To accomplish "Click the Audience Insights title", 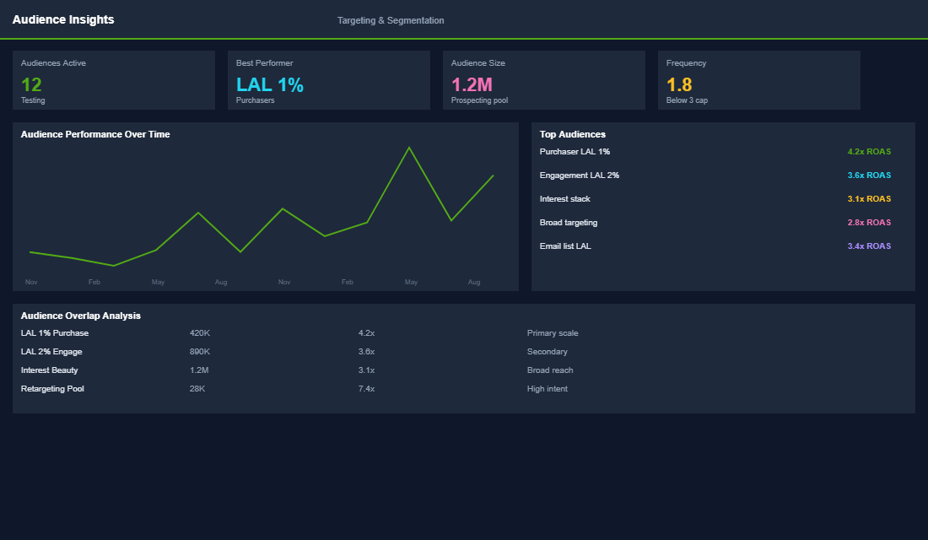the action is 63,19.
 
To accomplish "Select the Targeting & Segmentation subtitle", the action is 391,21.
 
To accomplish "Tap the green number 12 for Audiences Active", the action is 31,84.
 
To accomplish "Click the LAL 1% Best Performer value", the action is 270,84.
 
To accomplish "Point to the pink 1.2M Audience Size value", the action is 472,84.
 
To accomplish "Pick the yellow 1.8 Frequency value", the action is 679,84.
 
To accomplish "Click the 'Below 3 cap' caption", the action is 687,100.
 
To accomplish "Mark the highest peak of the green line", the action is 409,148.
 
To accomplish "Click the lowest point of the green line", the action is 114,266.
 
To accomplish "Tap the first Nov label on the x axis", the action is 31,282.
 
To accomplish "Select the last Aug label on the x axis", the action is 474,282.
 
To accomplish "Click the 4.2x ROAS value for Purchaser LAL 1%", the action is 869,152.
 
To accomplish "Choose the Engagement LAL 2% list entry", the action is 580,175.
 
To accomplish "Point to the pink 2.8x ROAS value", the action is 869,223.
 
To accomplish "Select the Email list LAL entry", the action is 565,246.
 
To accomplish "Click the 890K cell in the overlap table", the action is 200,352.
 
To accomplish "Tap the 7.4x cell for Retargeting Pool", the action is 366,389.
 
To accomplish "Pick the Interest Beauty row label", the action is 49,370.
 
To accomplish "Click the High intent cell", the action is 548,389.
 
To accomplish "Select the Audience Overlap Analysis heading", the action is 80,316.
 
